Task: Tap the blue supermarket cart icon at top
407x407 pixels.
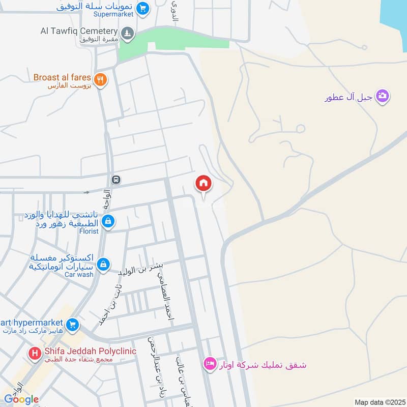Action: click(143, 8)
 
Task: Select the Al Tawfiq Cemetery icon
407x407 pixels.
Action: click(128, 33)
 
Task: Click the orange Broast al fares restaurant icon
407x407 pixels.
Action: click(101, 79)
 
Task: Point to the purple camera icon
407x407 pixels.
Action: click(383, 95)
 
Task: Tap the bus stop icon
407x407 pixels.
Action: click(117, 180)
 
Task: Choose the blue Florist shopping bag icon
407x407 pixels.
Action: click(108, 221)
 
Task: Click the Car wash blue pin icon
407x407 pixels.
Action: click(103, 264)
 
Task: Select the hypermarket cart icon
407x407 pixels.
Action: click(72, 324)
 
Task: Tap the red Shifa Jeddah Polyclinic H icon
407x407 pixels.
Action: click(35, 353)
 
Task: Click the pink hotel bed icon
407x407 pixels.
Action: click(209, 364)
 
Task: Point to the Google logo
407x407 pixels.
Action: click(21, 399)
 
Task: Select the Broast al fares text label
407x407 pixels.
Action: click(62, 78)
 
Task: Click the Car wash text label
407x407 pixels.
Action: click(79, 275)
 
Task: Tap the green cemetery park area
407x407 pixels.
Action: click(173, 43)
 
